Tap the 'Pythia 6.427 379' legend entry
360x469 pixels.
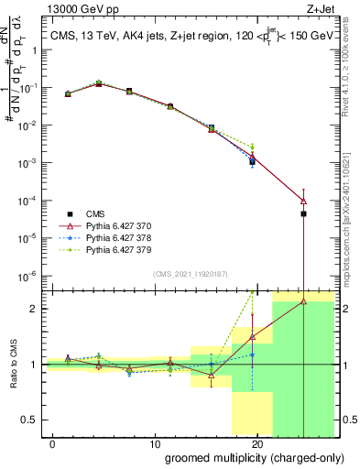[x=126, y=249]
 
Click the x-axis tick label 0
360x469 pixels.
[x=52, y=442]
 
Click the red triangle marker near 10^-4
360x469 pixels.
[x=303, y=202]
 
